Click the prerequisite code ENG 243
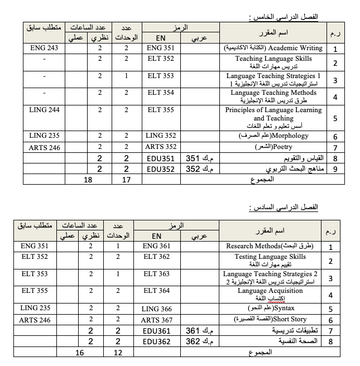click(x=44, y=49)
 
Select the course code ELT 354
click(x=161, y=93)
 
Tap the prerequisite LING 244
click(x=44, y=110)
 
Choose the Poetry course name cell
click(x=273, y=147)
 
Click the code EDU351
click(x=161, y=158)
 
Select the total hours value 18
click(x=88, y=180)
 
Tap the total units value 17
click(x=127, y=180)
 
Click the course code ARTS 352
click(x=161, y=147)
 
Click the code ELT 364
click(x=156, y=291)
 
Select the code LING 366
click(x=157, y=309)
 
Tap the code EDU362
click(x=157, y=341)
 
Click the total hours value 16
click(x=80, y=353)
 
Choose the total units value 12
click(x=118, y=353)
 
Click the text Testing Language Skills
click(x=270, y=257)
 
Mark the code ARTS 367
click(x=157, y=320)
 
